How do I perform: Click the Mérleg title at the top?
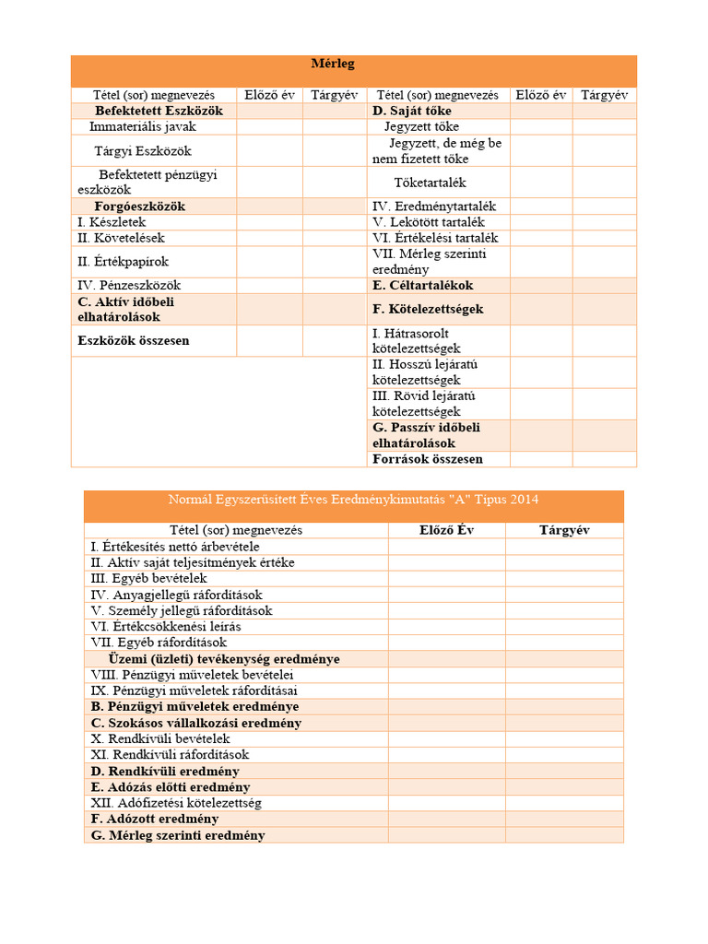pos(333,64)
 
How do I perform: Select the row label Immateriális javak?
pos(143,126)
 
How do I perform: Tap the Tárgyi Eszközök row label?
pos(143,150)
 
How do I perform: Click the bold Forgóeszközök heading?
pos(139,206)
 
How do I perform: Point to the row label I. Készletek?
pos(112,222)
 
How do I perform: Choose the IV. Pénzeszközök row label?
pos(129,286)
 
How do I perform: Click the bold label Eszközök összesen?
pos(134,340)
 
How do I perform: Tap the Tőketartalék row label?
pos(431,183)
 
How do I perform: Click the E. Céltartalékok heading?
pos(422,286)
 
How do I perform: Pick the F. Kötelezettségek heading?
pos(428,309)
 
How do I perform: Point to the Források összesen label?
pos(428,458)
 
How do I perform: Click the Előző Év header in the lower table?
pos(446,530)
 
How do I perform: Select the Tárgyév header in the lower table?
pos(564,530)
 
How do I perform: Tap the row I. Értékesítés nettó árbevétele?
pos(175,547)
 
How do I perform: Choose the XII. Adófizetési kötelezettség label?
pos(176,803)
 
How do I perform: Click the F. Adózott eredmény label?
pos(154,819)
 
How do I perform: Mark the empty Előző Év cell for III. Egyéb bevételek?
pos(446,578)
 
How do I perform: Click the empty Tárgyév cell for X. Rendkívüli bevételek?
pos(564,738)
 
